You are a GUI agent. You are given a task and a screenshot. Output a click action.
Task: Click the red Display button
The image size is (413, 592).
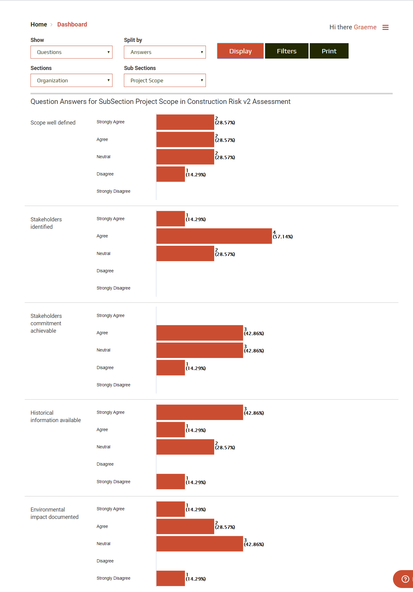coord(240,51)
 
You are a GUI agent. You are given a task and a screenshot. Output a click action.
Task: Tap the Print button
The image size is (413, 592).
coord(329,51)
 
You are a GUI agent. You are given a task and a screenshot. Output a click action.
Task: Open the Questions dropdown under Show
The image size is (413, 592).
coord(71,52)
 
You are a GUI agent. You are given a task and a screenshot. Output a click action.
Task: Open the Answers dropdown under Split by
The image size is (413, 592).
coord(165,52)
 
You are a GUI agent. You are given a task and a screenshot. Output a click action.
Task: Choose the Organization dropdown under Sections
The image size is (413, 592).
coord(71,80)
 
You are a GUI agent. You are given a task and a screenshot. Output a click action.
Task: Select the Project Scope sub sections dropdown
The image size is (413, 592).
coord(165,80)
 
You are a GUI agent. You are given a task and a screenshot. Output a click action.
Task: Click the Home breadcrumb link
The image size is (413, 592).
coord(39,24)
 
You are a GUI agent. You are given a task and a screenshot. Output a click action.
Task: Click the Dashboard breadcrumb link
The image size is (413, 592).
coord(72,24)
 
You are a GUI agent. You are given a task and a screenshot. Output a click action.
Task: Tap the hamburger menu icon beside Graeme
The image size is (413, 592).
coord(385,27)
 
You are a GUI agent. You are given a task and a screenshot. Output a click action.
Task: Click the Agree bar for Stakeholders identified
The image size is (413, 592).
coord(214,236)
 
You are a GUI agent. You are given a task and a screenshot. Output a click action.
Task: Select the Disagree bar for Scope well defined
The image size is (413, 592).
coord(170,174)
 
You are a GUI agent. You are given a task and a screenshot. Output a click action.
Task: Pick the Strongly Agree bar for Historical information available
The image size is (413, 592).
coord(199,412)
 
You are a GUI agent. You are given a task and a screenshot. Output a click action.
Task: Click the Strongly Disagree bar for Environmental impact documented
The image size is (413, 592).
coord(170,578)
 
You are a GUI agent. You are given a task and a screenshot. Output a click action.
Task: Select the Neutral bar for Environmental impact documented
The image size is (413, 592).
coord(199,544)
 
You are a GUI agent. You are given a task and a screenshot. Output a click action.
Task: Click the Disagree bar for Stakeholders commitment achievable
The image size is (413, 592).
coord(170,368)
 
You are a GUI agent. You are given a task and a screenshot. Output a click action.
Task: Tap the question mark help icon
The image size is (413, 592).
coord(405,579)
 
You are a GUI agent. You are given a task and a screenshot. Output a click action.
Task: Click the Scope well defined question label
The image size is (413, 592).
coord(53,123)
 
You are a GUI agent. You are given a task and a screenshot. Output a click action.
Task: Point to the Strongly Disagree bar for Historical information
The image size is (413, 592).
coord(170,482)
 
